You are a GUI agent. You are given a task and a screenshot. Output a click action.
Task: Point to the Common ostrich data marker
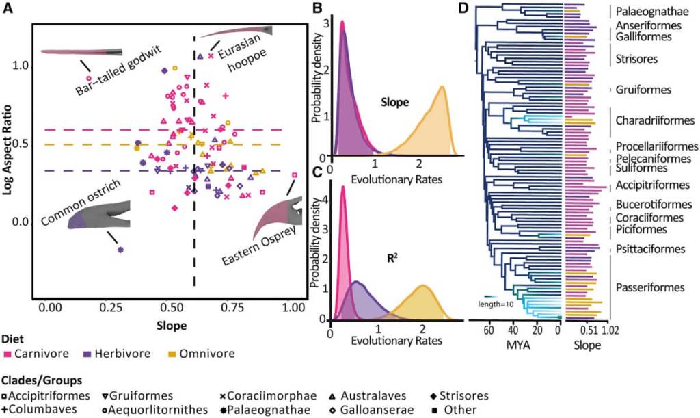tap(121, 250)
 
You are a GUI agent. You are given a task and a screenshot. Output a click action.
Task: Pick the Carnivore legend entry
tap(35, 354)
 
